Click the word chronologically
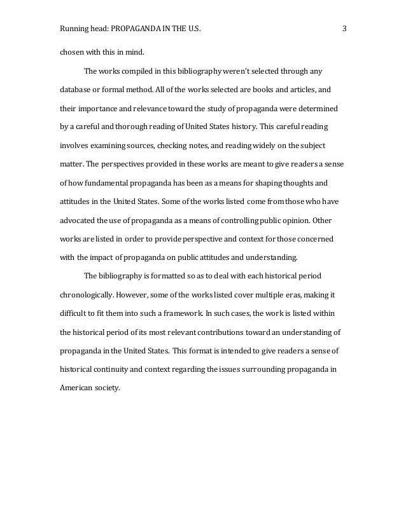pyautogui.click(x=90, y=296)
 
